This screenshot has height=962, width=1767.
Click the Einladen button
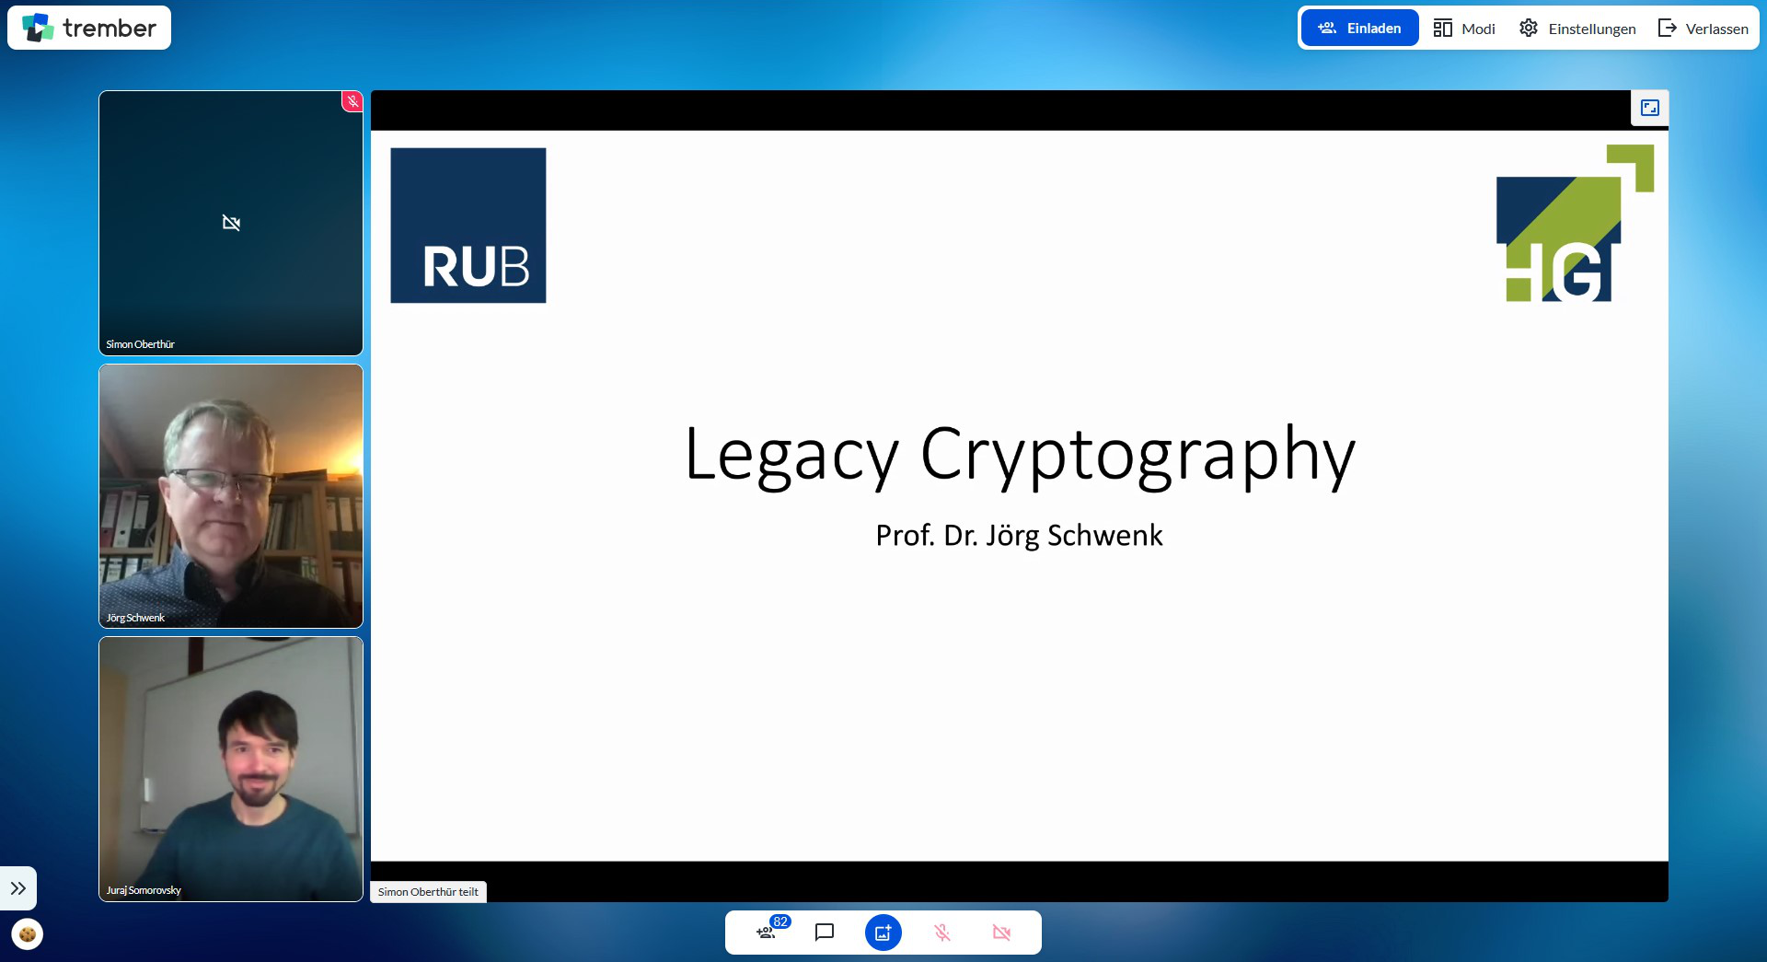pos(1359,29)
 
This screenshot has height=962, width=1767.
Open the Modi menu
pos(1464,29)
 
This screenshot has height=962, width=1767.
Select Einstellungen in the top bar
pos(1577,29)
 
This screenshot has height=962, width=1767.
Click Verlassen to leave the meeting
pos(1703,29)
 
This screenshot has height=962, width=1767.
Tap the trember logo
pos(89,28)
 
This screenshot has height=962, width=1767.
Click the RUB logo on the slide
pos(468,226)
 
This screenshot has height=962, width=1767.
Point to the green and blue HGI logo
pos(1575,223)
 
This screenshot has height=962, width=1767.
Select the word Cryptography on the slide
pos(1138,454)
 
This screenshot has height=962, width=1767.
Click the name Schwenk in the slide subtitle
pos(1105,535)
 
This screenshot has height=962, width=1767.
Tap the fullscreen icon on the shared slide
pos(1650,108)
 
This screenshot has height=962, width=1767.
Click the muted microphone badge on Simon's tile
pos(352,101)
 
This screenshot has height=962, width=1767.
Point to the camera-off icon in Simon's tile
pos(231,223)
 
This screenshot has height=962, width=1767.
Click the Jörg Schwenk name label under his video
pos(135,618)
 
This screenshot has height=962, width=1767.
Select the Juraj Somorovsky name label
pos(144,890)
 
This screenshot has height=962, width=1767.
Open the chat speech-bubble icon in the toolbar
pos(825,933)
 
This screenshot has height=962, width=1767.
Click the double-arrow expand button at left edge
pos(18,888)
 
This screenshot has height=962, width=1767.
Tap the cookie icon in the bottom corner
pos(28,934)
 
